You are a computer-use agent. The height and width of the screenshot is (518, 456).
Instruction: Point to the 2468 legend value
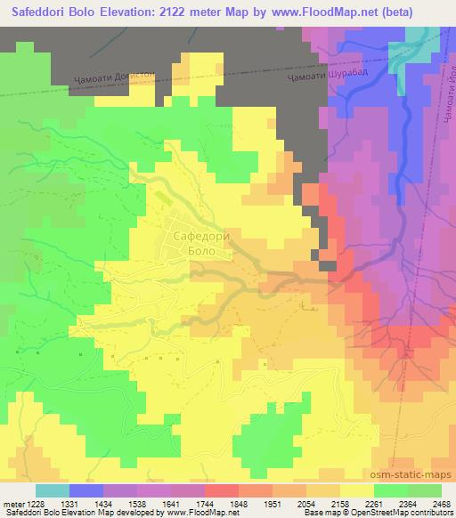click(x=443, y=504)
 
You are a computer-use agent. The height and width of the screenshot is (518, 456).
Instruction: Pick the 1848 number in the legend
click(x=212, y=504)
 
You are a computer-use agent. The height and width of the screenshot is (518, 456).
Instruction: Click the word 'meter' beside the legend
click(x=12, y=504)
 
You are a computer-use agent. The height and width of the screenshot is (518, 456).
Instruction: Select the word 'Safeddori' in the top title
click(x=37, y=12)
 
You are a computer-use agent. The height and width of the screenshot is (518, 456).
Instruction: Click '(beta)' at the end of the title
click(x=429, y=12)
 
